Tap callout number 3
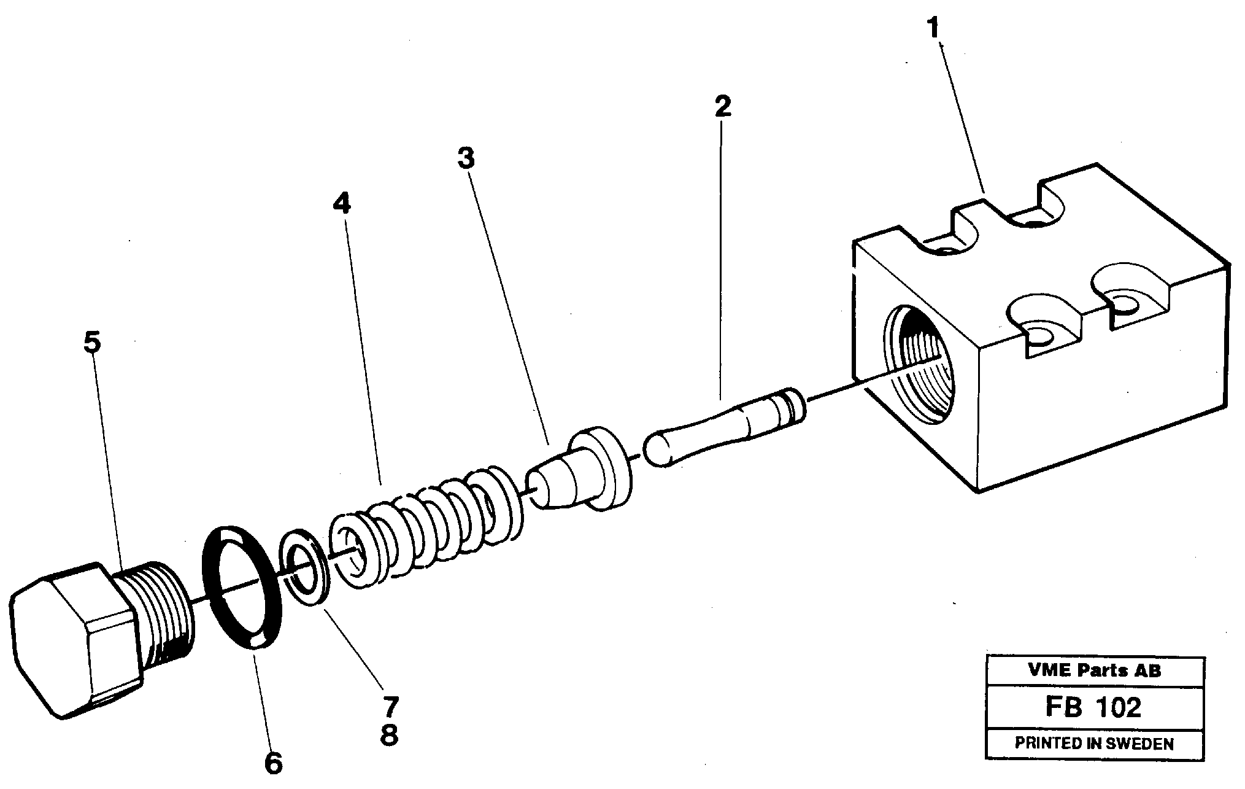466,159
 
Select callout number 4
342,203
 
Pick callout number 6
273,763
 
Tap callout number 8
390,734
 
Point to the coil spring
423,522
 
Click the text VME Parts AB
1094,670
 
